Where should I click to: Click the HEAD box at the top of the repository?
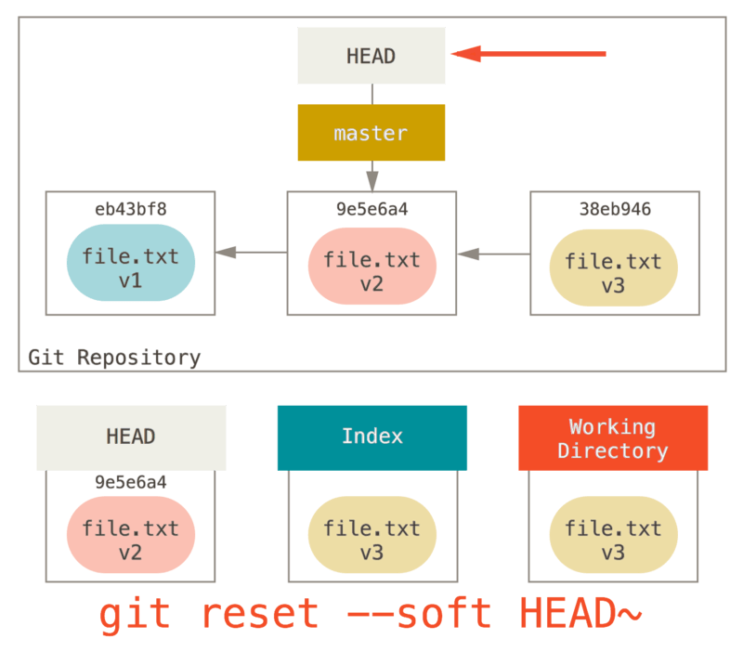(371, 56)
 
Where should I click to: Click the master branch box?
(371, 133)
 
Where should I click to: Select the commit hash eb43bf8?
(130, 209)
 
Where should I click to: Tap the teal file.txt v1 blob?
(130, 267)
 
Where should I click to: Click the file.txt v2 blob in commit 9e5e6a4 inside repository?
(371, 270)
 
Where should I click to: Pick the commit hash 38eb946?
(614, 209)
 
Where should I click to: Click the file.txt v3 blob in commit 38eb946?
(613, 272)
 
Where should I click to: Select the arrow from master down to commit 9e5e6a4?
(371, 175)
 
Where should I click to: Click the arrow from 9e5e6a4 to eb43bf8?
(251, 252)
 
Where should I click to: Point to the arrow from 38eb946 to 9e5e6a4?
(492, 252)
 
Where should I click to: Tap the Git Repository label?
(114, 358)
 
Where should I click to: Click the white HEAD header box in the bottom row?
(131, 437)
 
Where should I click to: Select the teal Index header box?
(371, 437)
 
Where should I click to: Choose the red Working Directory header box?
(613, 437)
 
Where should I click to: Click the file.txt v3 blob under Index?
(371, 540)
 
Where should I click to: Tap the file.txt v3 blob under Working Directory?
(613, 540)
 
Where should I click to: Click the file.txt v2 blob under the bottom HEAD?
(130, 540)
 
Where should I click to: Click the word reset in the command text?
(259, 615)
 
